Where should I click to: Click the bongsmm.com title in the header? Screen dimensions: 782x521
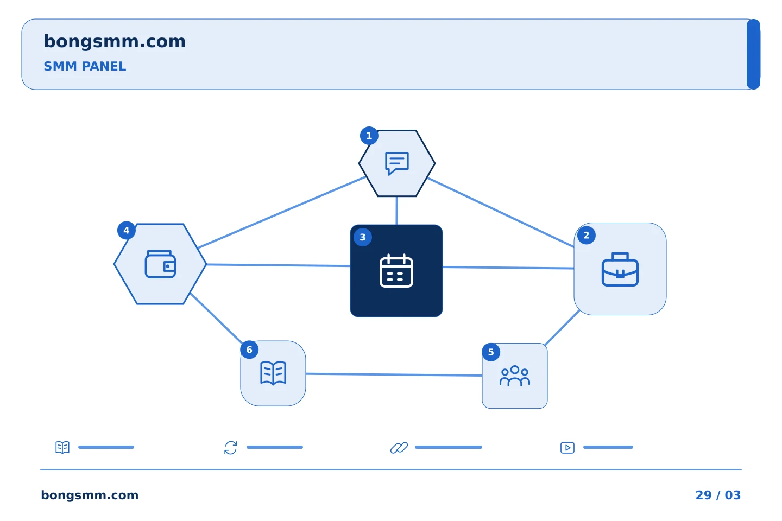pos(115,42)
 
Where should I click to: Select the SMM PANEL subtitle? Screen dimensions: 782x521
pos(85,66)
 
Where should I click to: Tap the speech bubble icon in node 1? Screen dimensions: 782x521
pos(397,163)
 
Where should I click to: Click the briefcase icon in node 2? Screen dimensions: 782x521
pos(620,269)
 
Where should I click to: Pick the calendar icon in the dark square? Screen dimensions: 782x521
pos(396,271)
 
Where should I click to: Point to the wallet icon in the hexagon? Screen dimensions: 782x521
pos(160,264)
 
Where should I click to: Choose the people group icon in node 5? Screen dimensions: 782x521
pos(515,376)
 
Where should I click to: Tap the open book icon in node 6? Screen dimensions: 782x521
pos(273,373)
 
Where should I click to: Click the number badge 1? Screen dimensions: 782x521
pos(369,135)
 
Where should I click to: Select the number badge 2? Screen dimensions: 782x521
pos(586,235)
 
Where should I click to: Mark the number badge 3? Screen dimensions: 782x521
pos(363,237)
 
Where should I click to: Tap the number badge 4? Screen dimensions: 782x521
pos(127,230)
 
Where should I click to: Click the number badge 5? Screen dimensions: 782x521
pos(491,352)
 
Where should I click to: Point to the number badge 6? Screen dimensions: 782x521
pos(249,350)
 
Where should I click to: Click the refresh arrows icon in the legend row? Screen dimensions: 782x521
pos(231,448)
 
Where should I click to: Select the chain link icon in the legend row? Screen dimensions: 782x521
pos(399,448)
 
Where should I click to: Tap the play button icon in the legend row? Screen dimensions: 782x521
pos(567,448)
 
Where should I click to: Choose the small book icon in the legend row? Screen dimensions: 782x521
pos(62,447)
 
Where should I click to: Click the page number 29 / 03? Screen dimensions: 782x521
pos(718,495)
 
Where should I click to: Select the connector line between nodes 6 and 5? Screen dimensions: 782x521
pos(394,375)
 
